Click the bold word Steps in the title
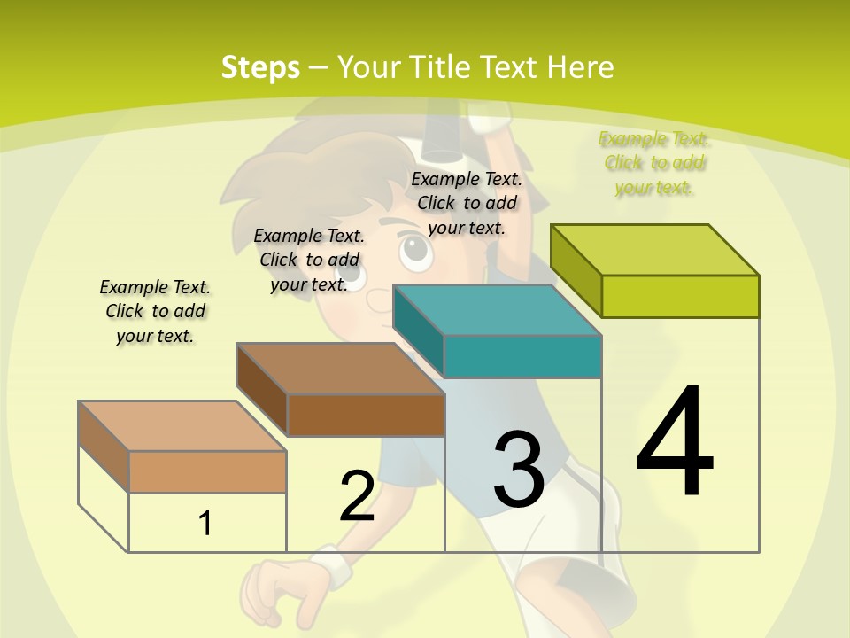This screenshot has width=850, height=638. (x=260, y=67)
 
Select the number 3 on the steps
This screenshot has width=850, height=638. (x=518, y=470)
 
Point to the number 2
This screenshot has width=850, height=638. (x=357, y=496)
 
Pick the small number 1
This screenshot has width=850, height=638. (x=205, y=523)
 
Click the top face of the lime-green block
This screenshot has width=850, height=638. (x=655, y=250)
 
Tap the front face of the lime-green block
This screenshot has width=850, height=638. (x=680, y=296)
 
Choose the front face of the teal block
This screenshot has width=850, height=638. (x=522, y=356)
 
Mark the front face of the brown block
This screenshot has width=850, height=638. (x=366, y=415)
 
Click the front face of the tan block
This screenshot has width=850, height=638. (x=207, y=471)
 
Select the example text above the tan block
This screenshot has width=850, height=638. (x=155, y=311)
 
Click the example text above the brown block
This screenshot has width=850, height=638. (x=309, y=260)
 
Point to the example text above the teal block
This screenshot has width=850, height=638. (x=467, y=203)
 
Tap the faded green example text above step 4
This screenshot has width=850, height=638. (x=654, y=163)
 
